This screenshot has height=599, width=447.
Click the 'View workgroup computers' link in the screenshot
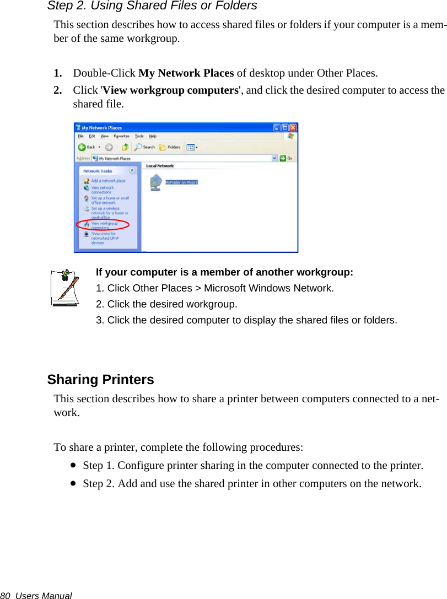[104, 225]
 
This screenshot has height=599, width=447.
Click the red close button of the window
[292, 127]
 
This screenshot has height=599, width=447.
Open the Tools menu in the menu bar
[139, 136]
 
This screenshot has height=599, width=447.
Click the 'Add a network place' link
[107, 181]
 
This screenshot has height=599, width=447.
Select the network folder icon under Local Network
[156, 182]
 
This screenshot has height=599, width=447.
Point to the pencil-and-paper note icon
[64, 287]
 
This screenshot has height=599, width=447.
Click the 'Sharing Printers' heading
[100, 380]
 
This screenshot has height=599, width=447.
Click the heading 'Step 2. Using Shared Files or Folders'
[152, 6]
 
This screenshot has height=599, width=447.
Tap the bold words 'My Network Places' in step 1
[186, 73]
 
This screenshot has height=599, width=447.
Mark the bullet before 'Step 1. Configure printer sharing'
[73, 465]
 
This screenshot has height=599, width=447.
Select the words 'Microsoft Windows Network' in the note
[268, 288]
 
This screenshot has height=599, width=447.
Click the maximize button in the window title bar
[284, 127]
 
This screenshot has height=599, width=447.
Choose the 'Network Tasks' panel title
[98, 171]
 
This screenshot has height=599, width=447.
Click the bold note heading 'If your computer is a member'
[224, 272]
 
